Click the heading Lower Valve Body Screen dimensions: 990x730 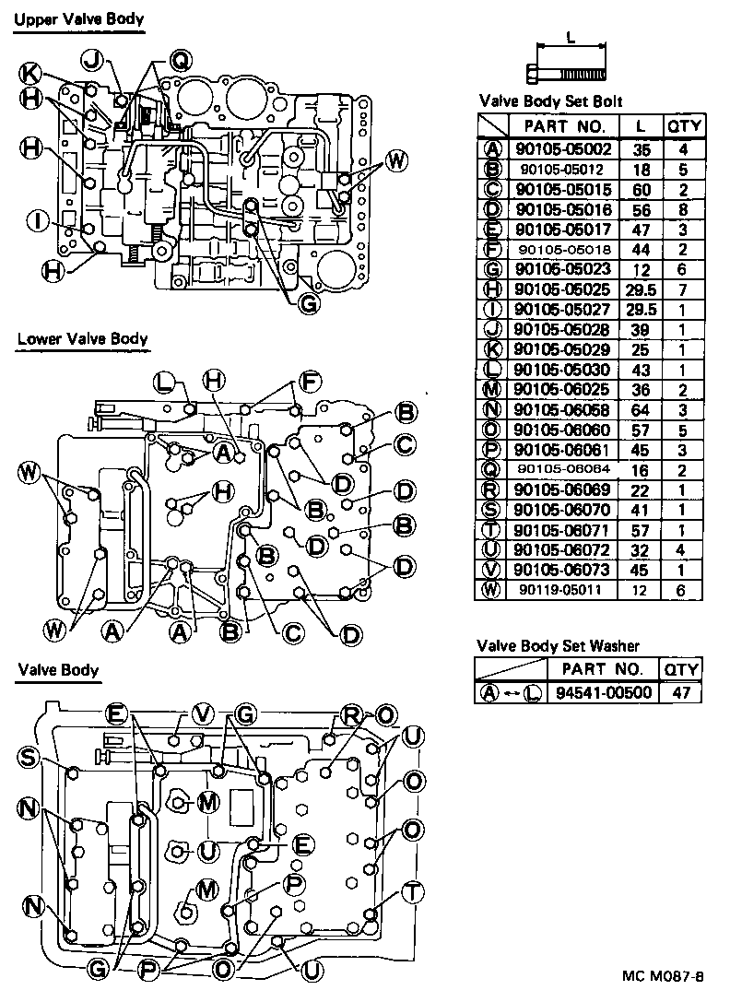tap(82, 338)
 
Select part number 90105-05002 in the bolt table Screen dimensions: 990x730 tap(564, 148)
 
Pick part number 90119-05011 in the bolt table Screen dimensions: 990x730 tap(564, 589)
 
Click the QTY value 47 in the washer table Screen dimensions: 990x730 tap(681, 692)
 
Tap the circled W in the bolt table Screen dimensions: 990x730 tap(492, 589)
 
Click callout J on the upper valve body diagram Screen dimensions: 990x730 tap(90, 59)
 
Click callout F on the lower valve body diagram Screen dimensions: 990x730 tap(311, 381)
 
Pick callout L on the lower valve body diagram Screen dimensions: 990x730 tap(162, 381)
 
